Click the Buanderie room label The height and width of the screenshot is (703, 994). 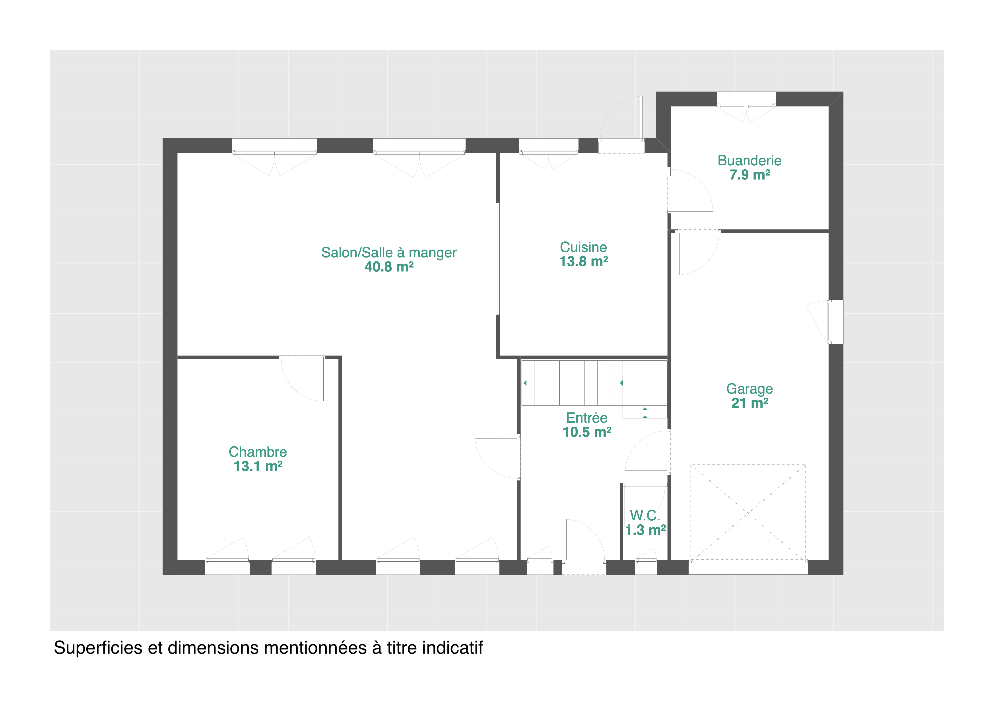pos(749,161)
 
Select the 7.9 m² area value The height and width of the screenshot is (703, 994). pos(749,175)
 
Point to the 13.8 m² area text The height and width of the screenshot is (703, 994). pos(584,262)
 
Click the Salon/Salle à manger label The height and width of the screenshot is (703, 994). pos(389,252)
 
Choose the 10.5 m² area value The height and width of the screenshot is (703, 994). pos(587,432)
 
